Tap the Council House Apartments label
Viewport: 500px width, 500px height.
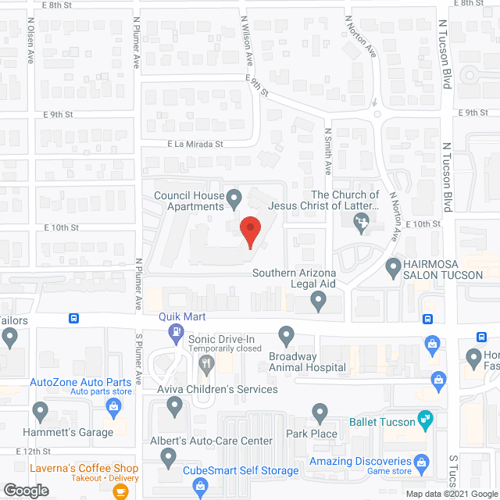(189, 201)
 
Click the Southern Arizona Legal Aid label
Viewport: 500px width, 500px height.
(294, 279)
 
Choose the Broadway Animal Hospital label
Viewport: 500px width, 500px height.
(307, 362)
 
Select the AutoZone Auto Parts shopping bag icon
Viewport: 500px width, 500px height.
(114, 405)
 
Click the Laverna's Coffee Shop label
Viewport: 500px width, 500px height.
(85, 467)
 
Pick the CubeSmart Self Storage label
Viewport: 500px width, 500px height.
(241, 470)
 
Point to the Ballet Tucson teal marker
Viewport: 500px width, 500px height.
(425, 420)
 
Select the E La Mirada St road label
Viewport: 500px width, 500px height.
(195, 145)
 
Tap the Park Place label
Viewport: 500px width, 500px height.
(312, 434)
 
